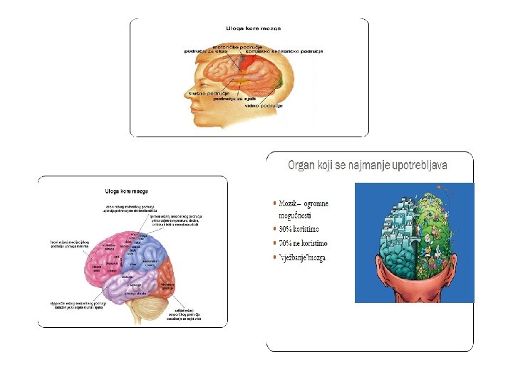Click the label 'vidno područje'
pos(264,105)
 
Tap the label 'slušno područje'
pos(204,93)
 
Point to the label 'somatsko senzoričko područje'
pos(284,52)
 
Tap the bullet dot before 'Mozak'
pos(275,203)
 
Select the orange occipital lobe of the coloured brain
pos(168,281)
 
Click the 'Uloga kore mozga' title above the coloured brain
pos(127,191)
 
